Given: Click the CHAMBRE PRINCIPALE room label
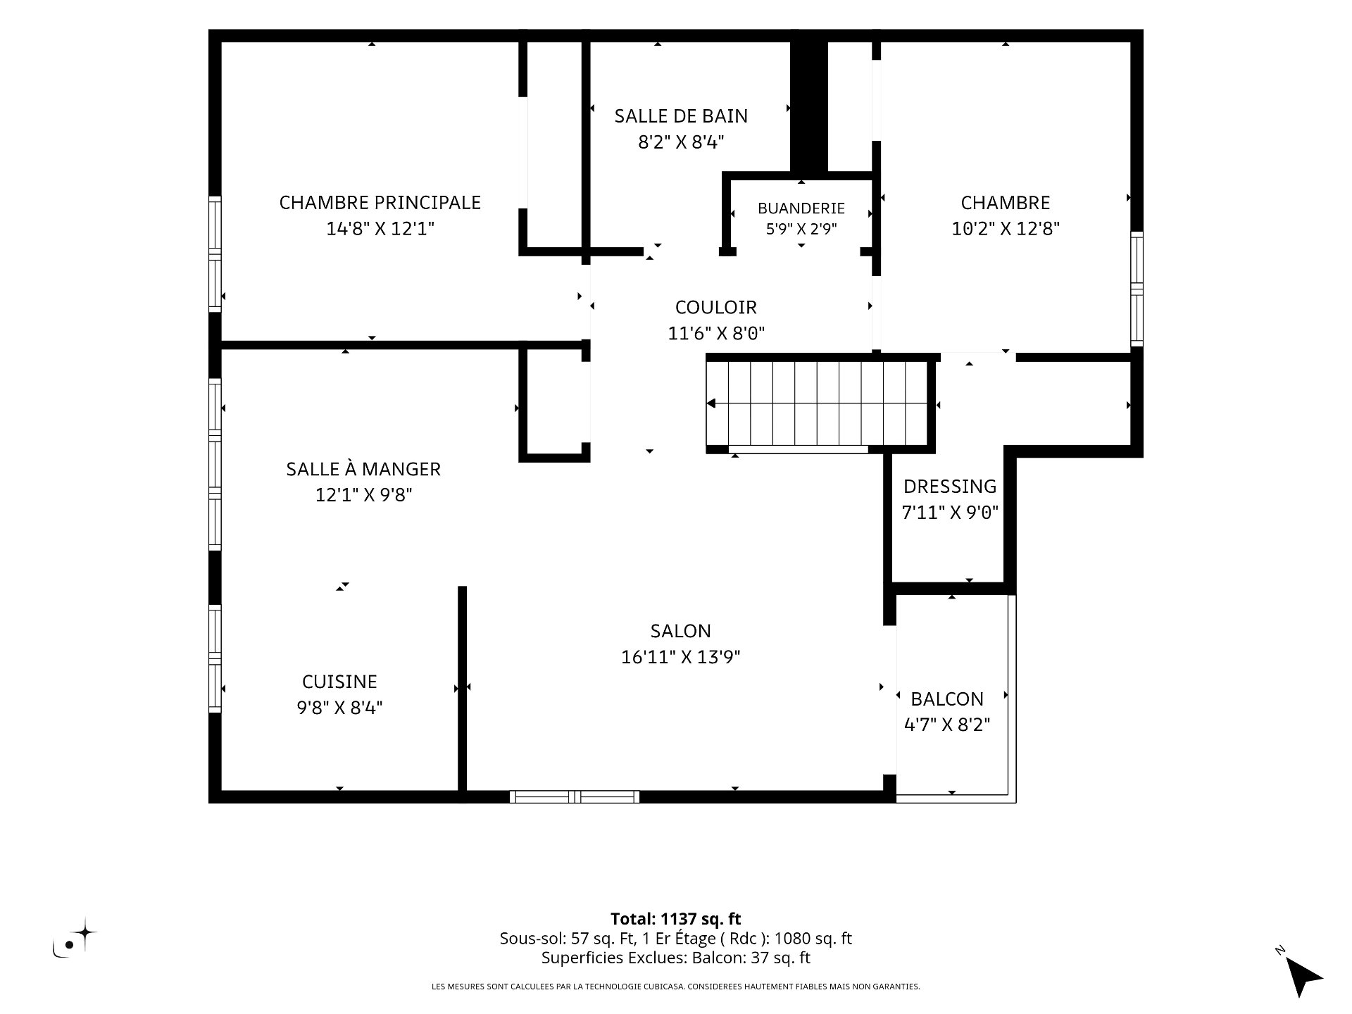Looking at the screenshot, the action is pos(380,203).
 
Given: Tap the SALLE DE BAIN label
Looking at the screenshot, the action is pos(681,116).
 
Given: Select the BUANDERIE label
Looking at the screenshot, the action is pos(801,208).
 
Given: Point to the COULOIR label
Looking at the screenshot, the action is pos(716,307).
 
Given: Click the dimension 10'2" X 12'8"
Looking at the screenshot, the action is pos(1006,229).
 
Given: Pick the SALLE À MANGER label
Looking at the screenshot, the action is pos(363,468).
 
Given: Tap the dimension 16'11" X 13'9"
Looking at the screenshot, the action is pos(681,657).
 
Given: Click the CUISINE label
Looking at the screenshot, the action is pos(339,682).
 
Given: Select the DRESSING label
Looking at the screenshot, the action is pos(950,487).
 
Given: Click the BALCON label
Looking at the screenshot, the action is pos(947,699).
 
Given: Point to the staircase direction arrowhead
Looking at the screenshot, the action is pos(711,403).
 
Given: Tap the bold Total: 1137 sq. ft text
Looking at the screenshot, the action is pos(676,919).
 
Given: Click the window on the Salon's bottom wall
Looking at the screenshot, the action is pos(575,797).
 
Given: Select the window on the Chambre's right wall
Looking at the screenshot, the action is pos(1137,289).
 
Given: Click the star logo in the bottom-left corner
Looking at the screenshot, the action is pos(85,932).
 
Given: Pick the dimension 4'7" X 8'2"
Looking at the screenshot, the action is pos(947,725).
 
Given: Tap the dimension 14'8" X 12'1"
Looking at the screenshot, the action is pos(380,229).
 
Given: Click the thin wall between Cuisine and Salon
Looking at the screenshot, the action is pos(463,689).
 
